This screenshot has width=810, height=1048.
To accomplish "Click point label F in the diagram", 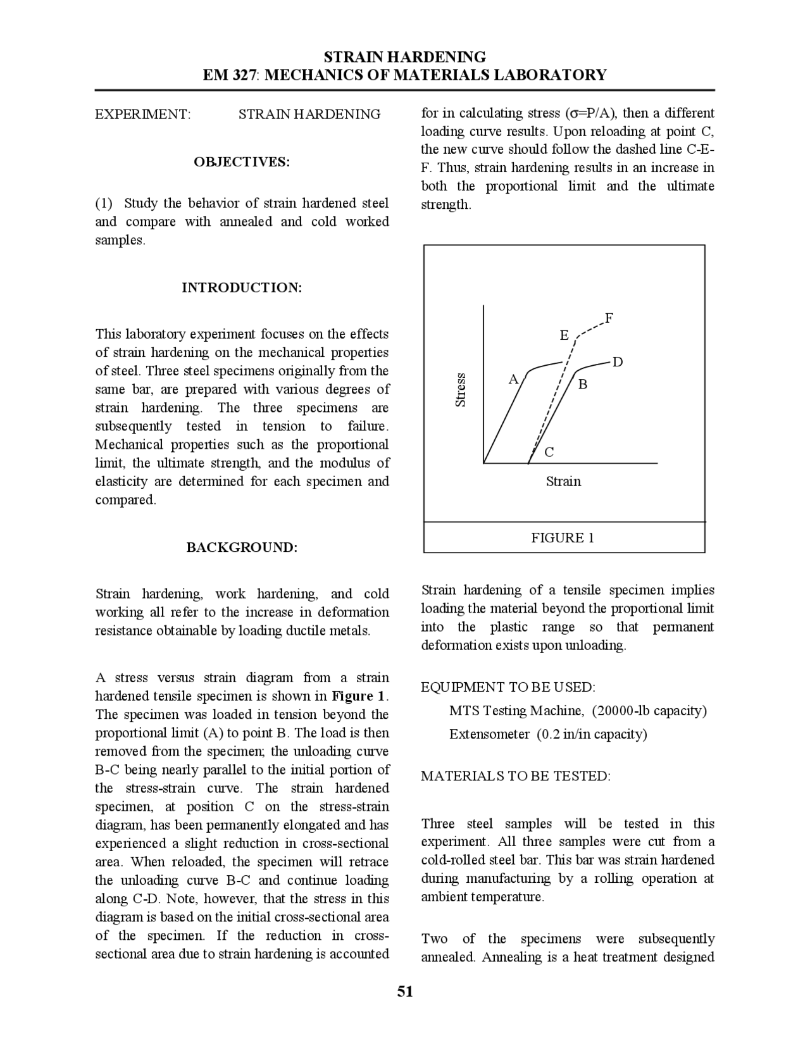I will click(x=609, y=318).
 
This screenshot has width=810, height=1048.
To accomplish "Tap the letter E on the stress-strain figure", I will click(x=564, y=335).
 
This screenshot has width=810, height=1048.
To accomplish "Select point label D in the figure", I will click(x=618, y=362).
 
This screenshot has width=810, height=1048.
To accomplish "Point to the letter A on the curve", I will click(x=514, y=380).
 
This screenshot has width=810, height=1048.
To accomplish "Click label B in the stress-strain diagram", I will click(x=583, y=384).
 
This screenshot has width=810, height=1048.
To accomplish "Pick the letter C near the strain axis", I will click(x=549, y=452).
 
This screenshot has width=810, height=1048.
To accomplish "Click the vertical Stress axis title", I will click(x=461, y=390).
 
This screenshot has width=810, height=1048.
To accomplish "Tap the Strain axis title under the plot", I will click(x=563, y=482).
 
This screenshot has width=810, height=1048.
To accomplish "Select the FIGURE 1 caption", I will click(x=563, y=538).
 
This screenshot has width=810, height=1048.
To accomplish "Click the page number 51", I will click(x=405, y=992).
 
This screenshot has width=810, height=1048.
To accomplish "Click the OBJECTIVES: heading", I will click(x=242, y=162).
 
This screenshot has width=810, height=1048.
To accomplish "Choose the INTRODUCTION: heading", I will click(x=242, y=288).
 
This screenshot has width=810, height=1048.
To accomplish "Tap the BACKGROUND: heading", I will click(x=242, y=547).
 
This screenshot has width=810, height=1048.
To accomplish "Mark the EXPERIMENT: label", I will click(x=143, y=115).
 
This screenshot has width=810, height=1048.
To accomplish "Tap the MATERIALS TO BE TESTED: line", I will click(x=516, y=777).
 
